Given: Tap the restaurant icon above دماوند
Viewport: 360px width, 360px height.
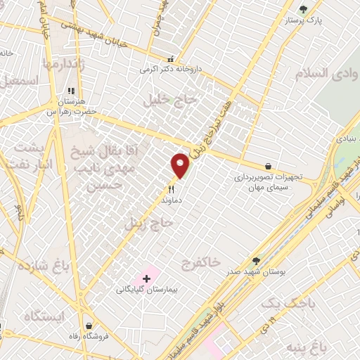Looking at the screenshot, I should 171,189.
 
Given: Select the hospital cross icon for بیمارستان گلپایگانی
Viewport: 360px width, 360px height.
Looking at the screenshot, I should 146,279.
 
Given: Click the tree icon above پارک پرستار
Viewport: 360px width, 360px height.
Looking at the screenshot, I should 303,9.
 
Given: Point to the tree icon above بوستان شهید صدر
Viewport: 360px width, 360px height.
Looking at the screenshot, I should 255,261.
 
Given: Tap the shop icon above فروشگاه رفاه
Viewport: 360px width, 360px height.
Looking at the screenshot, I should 89,325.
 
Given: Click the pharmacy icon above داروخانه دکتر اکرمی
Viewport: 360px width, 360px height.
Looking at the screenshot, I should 169,60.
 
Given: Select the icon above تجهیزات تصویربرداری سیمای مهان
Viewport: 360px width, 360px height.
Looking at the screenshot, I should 268,167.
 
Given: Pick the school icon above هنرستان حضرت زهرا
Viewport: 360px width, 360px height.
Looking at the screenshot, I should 70,91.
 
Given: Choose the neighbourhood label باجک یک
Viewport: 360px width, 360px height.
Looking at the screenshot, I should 284,302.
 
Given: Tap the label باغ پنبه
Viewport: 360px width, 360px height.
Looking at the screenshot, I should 310,347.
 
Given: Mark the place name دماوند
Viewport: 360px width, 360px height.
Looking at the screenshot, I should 171,200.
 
